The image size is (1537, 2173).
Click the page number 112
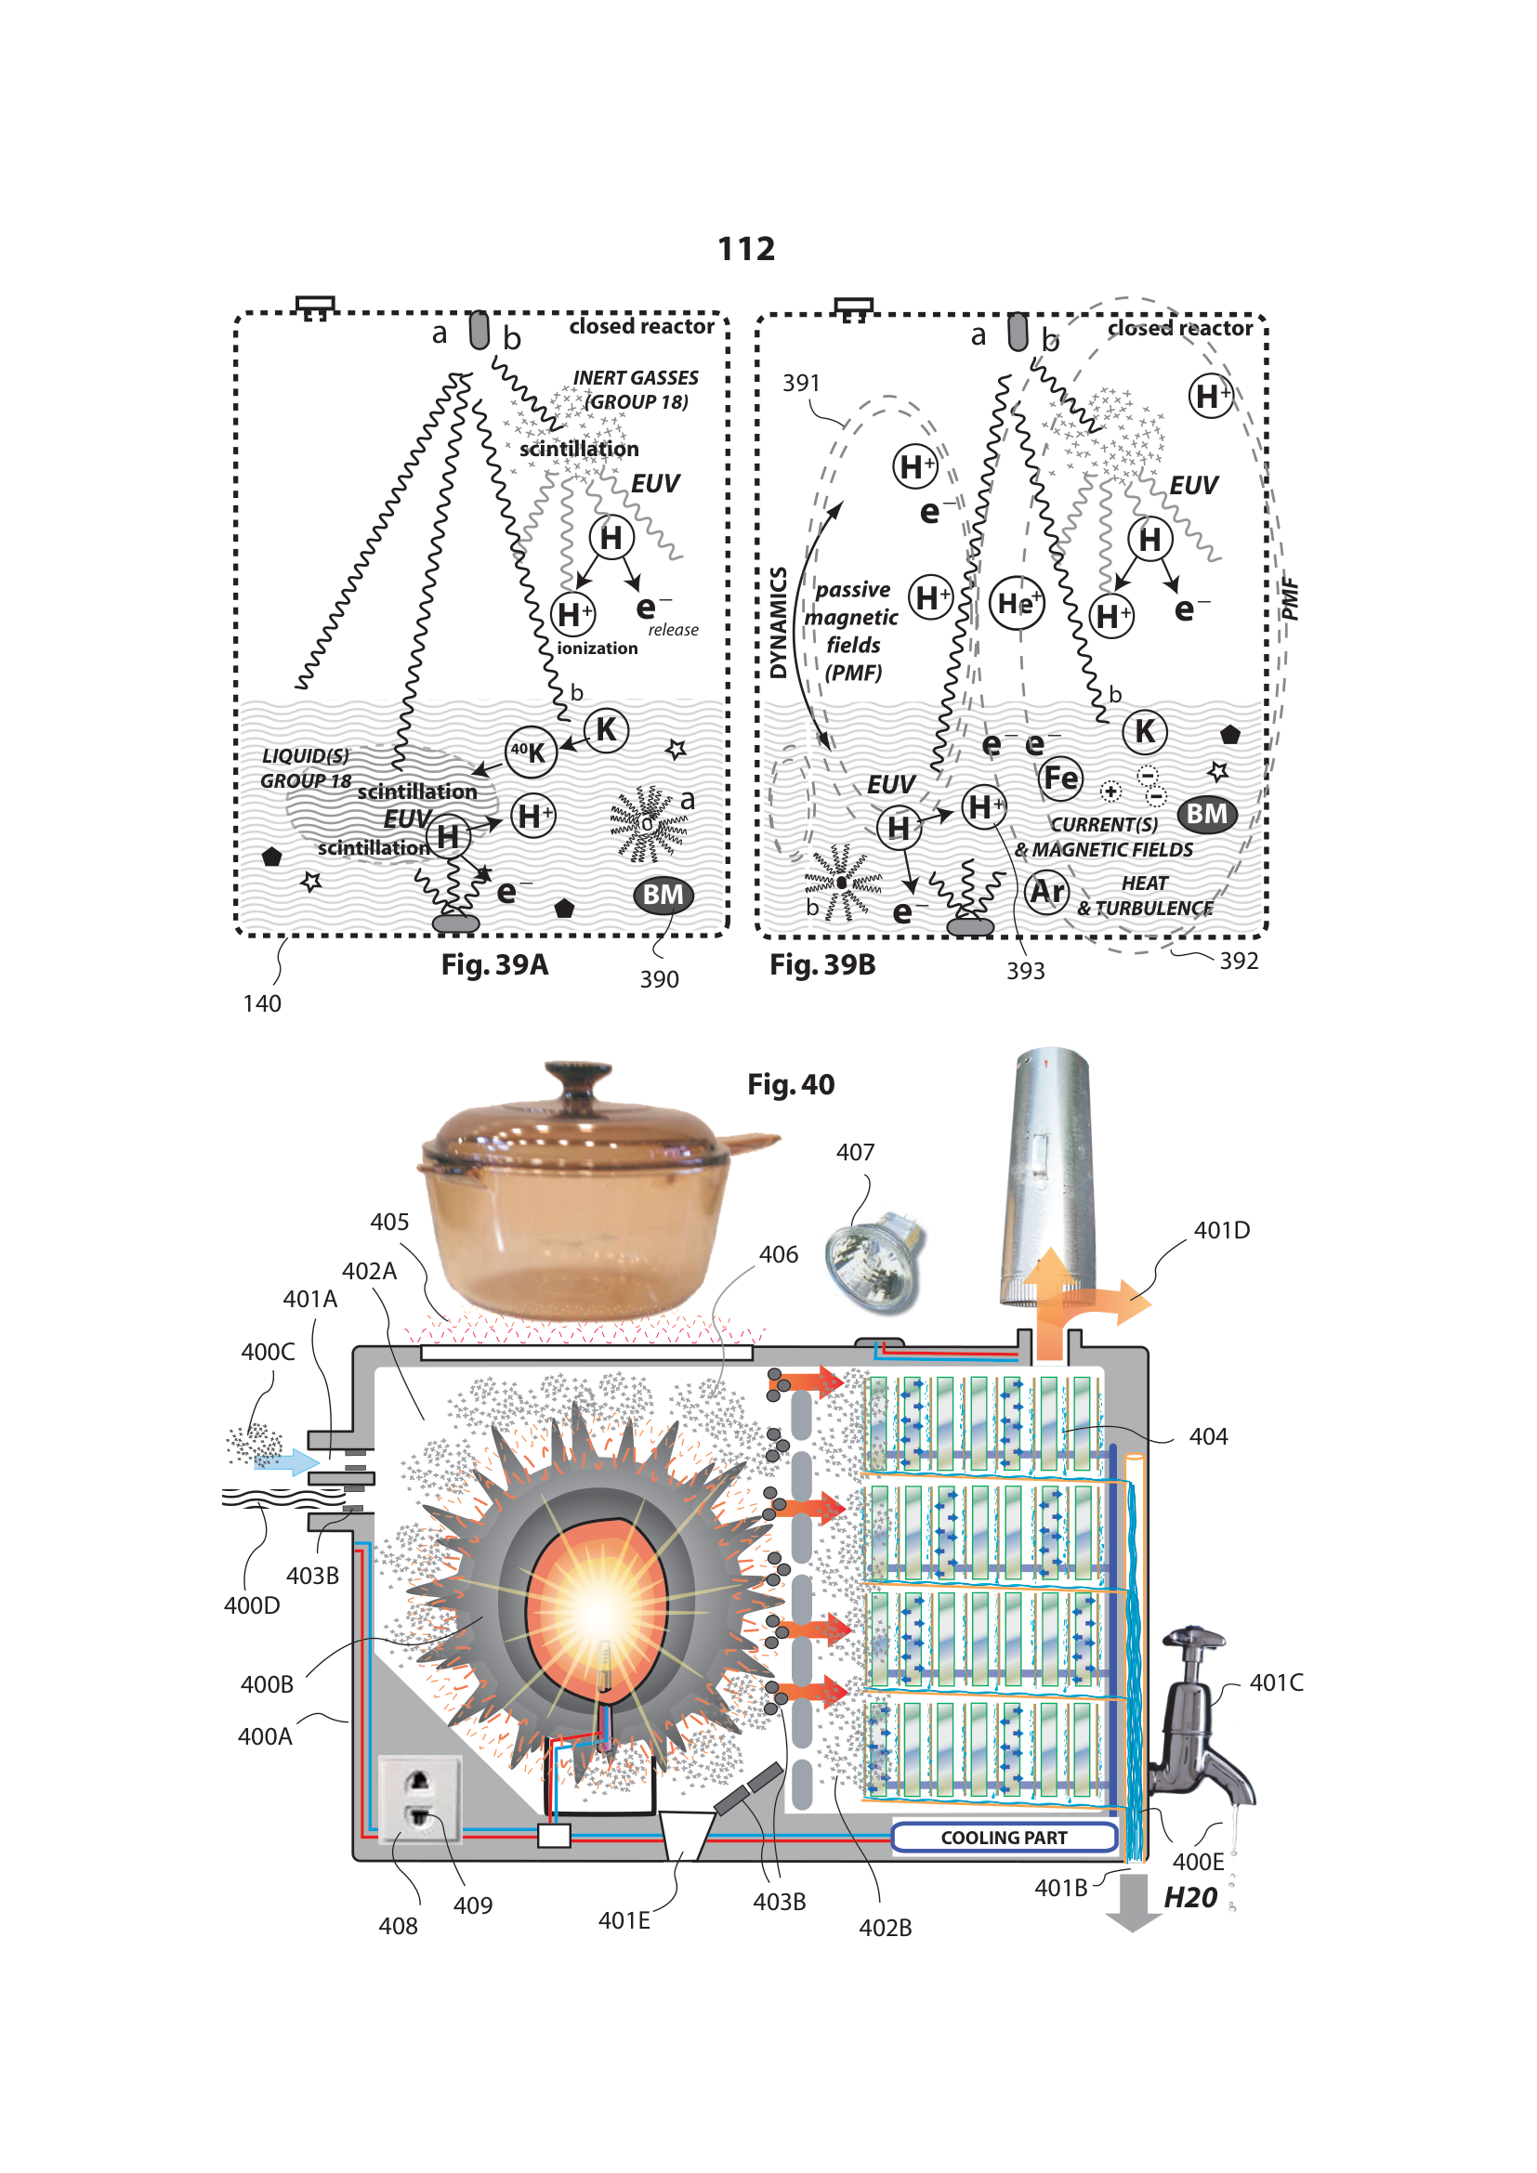click(x=746, y=249)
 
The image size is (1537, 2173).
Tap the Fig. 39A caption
click(x=494, y=964)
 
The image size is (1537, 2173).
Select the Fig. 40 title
click(x=790, y=1084)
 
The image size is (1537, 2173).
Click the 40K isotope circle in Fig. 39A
click(x=530, y=753)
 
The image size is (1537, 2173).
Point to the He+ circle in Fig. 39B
click(x=1017, y=603)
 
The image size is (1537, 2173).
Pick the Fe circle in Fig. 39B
click(x=1060, y=778)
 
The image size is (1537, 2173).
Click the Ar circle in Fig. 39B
click(x=1046, y=892)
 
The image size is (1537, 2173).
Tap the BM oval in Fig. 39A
click(x=663, y=896)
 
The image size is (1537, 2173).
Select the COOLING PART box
click(x=1004, y=1837)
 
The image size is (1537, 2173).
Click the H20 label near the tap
click(x=1189, y=1898)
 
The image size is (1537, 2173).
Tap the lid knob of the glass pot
click(x=577, y=1076)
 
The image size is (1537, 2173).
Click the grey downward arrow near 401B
click(x=1132, y=1903)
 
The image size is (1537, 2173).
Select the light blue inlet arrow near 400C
click(x=289, y=1462)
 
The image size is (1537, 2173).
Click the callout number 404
click(x=1208, y=1436)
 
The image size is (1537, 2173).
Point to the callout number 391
click(x=801, y=384)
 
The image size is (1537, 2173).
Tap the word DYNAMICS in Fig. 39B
click(x=778, y=622)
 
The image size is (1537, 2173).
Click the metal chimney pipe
click(x=1048, y=1173)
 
